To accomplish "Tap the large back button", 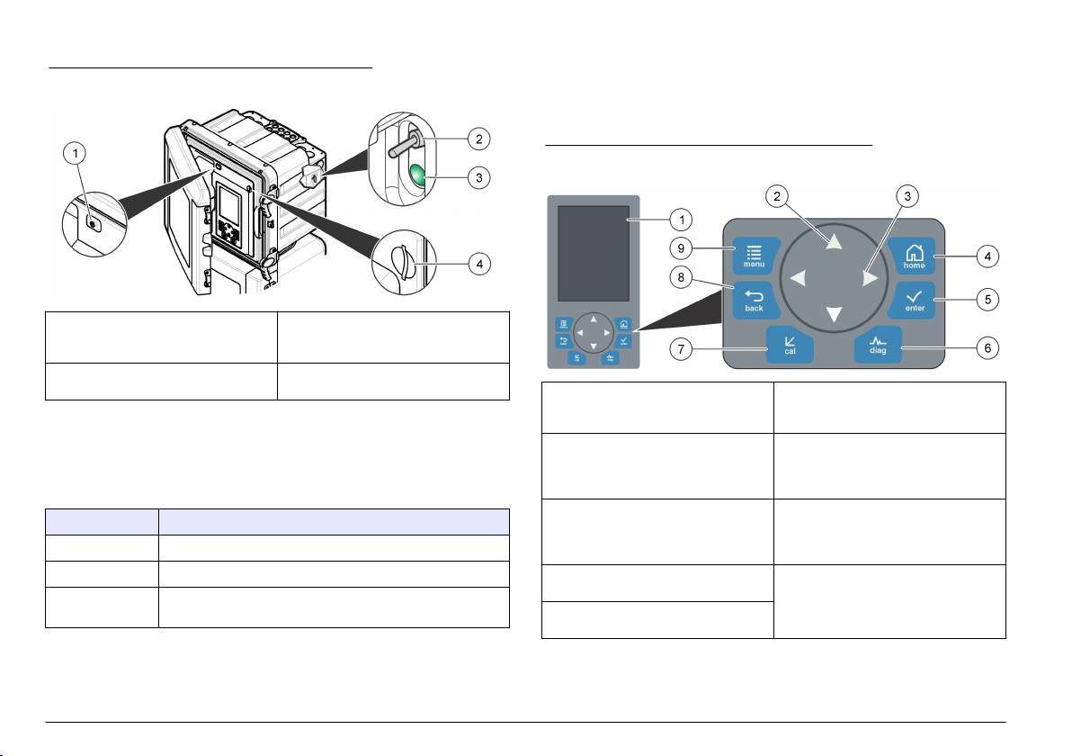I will (754, 300).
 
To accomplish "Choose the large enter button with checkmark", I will (914, 300).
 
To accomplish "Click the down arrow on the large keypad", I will (835, 314).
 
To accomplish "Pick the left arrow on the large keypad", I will (797, 279).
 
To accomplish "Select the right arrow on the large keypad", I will (869, 279).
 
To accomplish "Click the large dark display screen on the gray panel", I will (593, 253).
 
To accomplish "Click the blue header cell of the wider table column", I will (334, 523).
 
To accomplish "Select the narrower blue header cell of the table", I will (102, 523).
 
